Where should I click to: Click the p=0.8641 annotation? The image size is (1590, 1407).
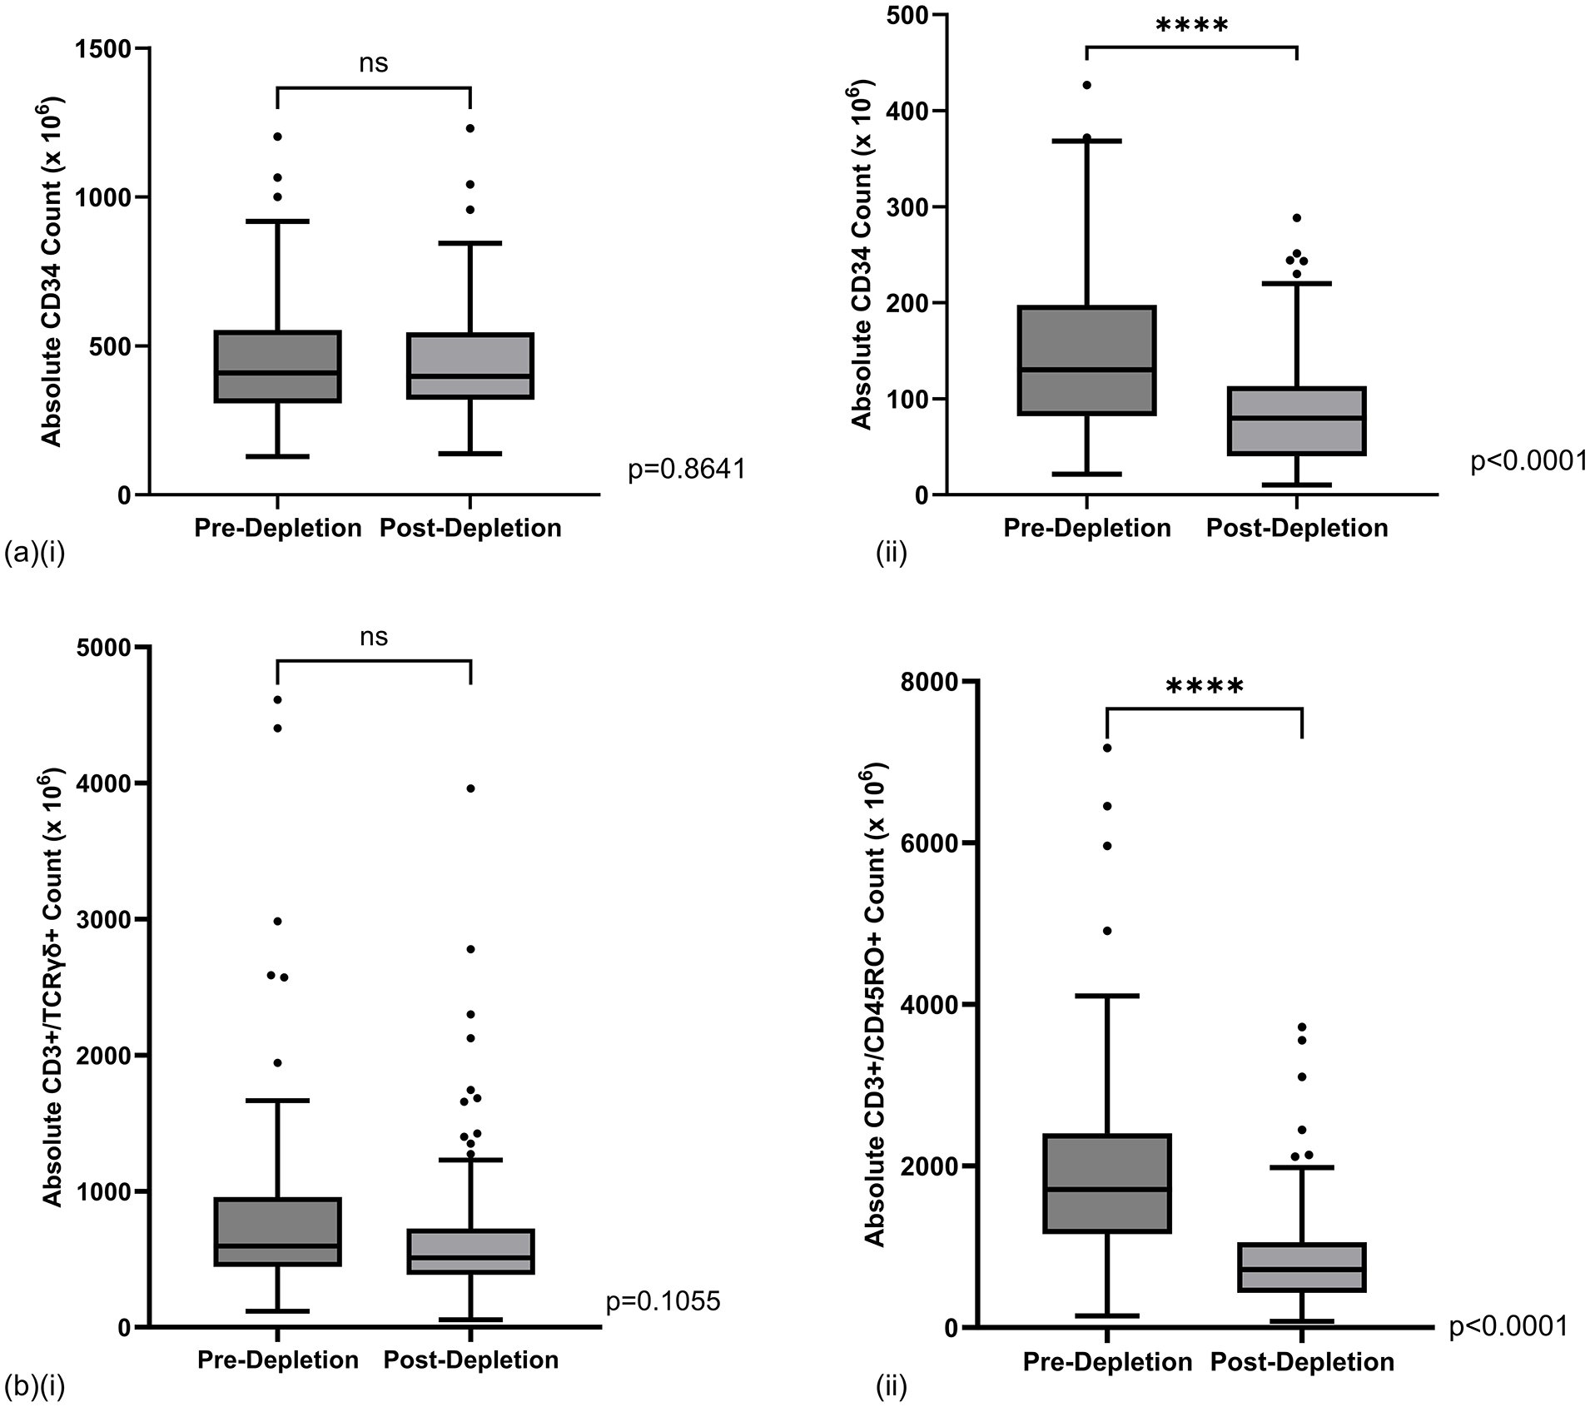687,470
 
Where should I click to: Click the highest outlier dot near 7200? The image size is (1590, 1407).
1108,748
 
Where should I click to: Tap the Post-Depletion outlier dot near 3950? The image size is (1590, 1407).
470,788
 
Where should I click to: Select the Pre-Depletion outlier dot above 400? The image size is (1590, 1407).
1087,85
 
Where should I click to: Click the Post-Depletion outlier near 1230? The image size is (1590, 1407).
470,128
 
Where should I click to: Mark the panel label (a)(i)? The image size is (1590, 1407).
35,553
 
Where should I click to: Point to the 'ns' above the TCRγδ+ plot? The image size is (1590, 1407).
374,638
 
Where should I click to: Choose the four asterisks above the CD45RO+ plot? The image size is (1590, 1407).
1205,688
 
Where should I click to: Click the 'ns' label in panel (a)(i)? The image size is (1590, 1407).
374,64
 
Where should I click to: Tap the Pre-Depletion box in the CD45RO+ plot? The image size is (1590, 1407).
1108,1183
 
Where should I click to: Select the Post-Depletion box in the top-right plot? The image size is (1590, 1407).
1297,421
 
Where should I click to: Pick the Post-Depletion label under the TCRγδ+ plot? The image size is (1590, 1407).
471,1360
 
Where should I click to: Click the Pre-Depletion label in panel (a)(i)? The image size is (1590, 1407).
278,528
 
